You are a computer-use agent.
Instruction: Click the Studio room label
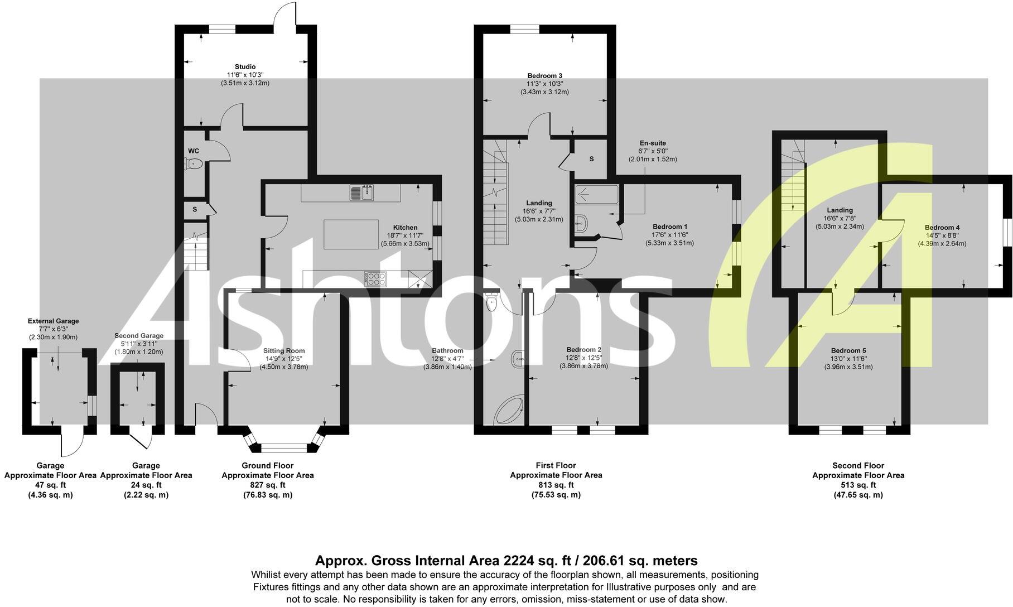click(x=245, y=67)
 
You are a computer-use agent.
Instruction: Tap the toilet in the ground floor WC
click(x=194, y=163)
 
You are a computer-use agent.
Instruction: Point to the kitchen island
click(x=351, y=234)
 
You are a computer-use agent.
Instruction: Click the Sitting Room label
click(x=284, y=351)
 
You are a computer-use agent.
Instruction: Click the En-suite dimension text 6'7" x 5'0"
click(x=652, y=151)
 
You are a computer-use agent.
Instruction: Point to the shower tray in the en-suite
click(x=597, y=195)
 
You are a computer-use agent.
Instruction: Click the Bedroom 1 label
click(x=669, y=227)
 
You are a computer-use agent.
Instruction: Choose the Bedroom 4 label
click(x=942, y=228)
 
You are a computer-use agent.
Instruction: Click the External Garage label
click(x=53, y=321)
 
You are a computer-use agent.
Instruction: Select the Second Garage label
click(x=139, y=336)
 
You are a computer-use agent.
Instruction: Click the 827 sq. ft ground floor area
click(x=267, y=485)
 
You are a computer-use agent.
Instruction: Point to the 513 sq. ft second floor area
click(x=858, y=485)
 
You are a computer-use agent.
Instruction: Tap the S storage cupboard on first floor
click(x=591, y=159)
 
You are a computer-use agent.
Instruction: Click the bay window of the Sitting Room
click(x=283, y=447)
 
